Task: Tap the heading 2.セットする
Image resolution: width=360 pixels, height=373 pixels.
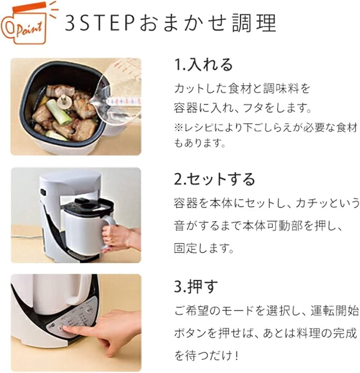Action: point(215,179)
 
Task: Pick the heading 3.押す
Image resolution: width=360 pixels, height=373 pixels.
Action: point(196,286)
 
